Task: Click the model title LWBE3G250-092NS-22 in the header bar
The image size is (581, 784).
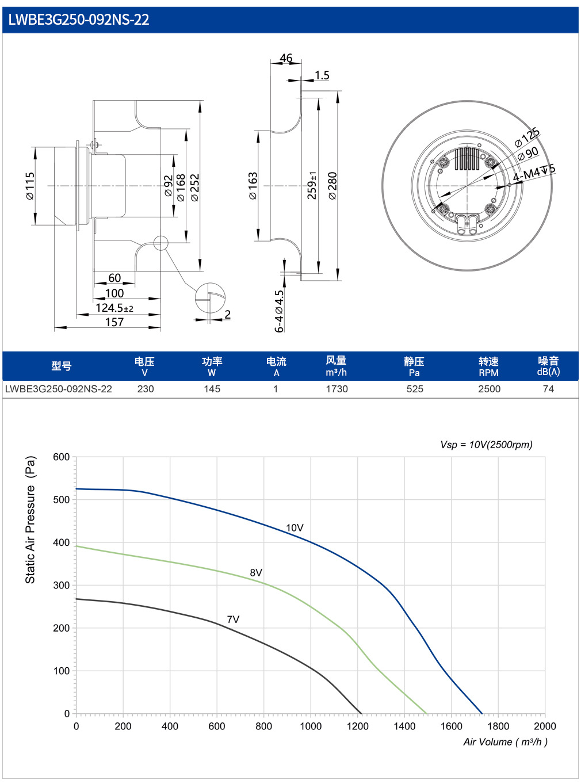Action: (78, 20)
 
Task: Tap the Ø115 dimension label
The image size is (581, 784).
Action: (30, 186)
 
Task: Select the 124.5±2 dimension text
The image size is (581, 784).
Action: (114, 308)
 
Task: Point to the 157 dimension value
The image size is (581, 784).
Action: (114, 322)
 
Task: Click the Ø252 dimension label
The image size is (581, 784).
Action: (194, 188)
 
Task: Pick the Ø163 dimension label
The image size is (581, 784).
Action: (253, 186)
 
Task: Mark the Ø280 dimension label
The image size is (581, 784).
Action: (332, 186)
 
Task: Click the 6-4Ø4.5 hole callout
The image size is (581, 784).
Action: (279, 311)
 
